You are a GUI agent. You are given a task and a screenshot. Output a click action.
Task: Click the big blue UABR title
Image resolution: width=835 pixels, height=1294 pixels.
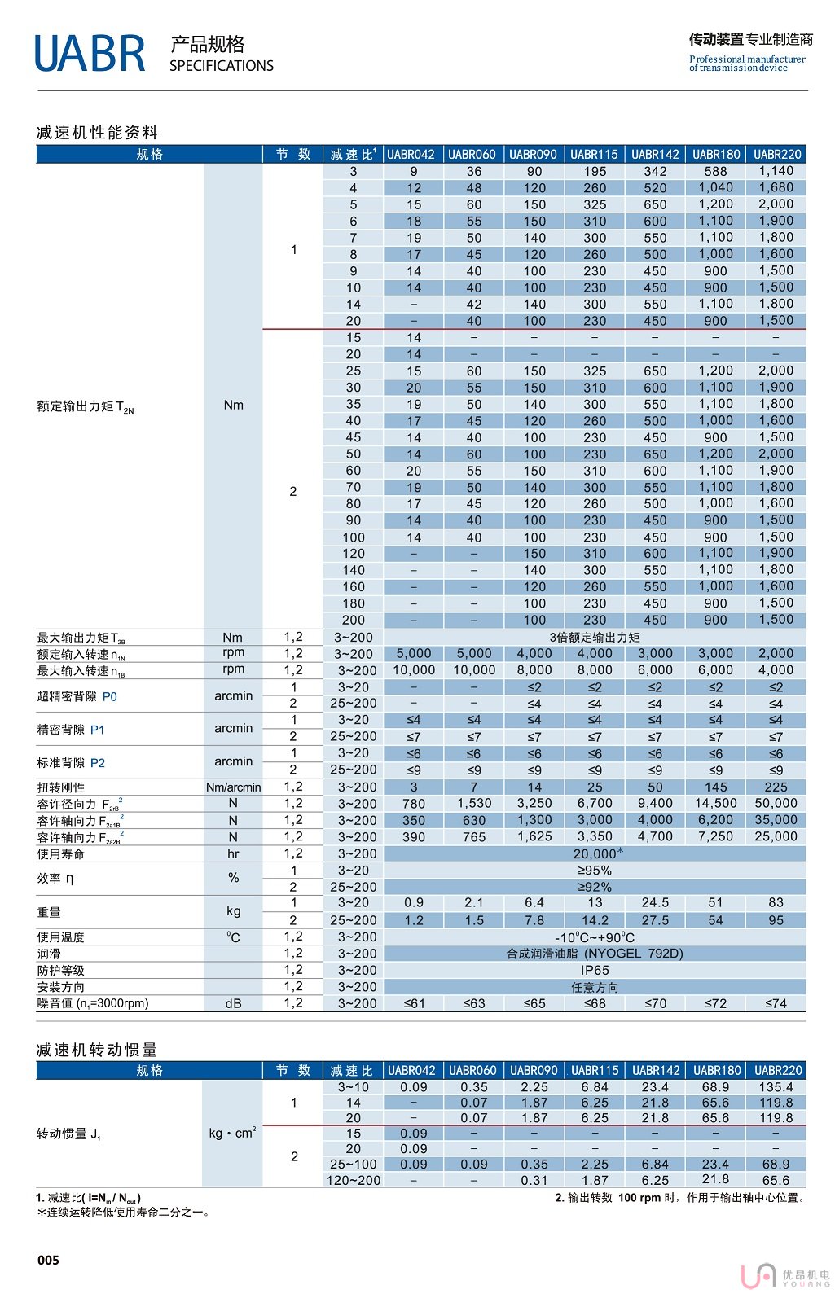[x=90, y=54]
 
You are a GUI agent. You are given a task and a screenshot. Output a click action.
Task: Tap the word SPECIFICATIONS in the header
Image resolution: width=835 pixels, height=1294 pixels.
[x=222, y=66]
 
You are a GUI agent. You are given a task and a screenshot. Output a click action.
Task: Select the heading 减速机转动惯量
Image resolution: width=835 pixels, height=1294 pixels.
[x=97, y=1050]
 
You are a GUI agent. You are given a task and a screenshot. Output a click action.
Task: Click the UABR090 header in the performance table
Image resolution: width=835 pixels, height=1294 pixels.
[x=534, y=154]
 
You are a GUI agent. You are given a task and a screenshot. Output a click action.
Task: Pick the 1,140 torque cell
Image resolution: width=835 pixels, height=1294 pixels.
[x=776, y=171]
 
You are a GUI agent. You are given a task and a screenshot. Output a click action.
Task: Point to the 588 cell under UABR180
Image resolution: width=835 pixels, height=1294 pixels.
[x=715, y=171]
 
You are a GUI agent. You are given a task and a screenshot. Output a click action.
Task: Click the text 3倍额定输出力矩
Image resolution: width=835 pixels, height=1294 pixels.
[x=595, y=637]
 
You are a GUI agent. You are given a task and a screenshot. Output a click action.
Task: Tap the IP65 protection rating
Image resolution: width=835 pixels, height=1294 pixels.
[x=595, y=970]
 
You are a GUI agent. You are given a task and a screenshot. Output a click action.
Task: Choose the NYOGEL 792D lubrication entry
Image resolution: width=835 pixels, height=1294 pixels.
[x=595, y=953]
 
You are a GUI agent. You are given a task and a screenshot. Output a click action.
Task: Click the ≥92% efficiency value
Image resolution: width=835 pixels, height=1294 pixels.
[x=595, y=887]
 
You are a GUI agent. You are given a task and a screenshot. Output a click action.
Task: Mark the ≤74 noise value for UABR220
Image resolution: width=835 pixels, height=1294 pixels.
[x=776, y=1003]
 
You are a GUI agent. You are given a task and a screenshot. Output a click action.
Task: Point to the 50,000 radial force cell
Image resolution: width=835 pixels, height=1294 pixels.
[x=776, y=803]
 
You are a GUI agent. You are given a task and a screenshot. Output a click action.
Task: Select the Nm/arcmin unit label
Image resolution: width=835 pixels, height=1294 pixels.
[x=233, y=787]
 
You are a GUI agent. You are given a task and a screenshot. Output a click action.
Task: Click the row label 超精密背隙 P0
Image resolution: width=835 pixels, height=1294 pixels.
[x=77, y=696]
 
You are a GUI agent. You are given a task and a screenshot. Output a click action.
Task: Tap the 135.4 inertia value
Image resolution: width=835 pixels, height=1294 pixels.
[x=776, y=1086]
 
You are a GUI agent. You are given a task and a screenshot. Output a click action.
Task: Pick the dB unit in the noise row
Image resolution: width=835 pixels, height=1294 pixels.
[x=233, y=1003]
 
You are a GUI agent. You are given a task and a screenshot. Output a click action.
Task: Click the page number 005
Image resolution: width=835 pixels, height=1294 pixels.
[x=48, y=1260]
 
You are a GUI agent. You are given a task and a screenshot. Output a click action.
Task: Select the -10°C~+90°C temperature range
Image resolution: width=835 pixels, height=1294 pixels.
[x=595, y=937]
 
